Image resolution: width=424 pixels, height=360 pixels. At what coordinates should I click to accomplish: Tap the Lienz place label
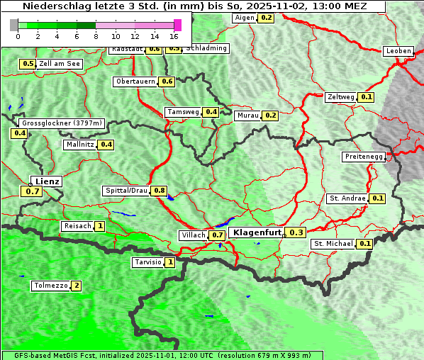[x=47, y=181]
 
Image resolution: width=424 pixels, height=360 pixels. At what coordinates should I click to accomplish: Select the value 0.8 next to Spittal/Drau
[x=160, y=191]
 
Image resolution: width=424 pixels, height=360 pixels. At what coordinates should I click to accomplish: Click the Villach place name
[x=193, y=235]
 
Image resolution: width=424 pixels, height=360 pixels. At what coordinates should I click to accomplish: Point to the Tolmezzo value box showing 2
[x=76, y=286]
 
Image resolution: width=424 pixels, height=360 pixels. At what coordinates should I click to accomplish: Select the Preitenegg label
[x=364, y=157]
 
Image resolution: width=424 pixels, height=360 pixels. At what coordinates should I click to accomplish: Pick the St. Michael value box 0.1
[x=365, y=244]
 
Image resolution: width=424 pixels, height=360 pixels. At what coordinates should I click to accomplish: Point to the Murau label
[x=247, y=115]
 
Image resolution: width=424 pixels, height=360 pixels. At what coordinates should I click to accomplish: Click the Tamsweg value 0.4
[x=211, y=112]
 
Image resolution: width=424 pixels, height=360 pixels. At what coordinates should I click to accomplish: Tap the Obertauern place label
[x=135, y=81]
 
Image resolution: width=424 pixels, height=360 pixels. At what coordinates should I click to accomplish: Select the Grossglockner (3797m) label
[x=62, y=123]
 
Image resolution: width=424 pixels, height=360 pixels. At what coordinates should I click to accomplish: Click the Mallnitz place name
[x=79, y=145]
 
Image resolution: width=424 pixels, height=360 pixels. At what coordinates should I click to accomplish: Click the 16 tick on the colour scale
[x=174, y=35]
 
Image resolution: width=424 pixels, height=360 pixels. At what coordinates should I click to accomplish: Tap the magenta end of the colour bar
[x=177, y=25]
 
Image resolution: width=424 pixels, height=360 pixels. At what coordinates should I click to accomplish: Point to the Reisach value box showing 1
[x=100, y=226]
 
